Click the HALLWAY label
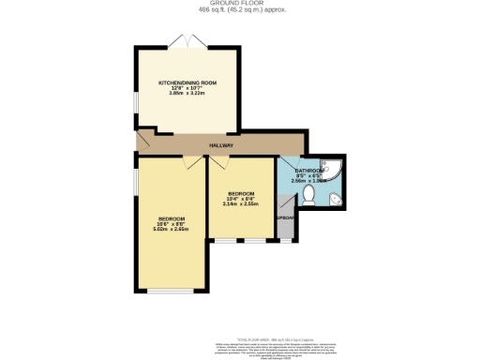click(221, 145)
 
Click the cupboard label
click(286, 220)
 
